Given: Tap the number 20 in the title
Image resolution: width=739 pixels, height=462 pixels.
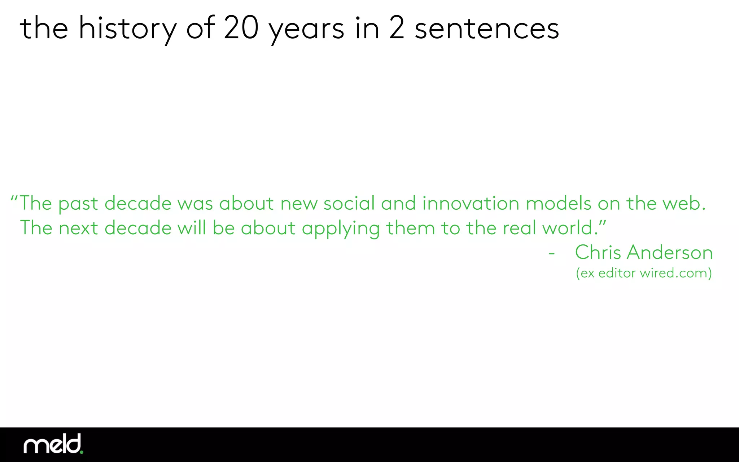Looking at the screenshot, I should click(x=241, y=28).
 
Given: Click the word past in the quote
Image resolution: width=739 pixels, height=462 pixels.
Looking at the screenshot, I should click(x=78, y=204).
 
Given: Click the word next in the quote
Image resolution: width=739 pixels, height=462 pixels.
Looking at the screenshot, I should click(x=78, y=228).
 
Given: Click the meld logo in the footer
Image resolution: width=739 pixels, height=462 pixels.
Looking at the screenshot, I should click(x=53, y=444).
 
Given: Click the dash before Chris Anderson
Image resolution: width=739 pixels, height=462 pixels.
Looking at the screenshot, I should click(x=551, y=254).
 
